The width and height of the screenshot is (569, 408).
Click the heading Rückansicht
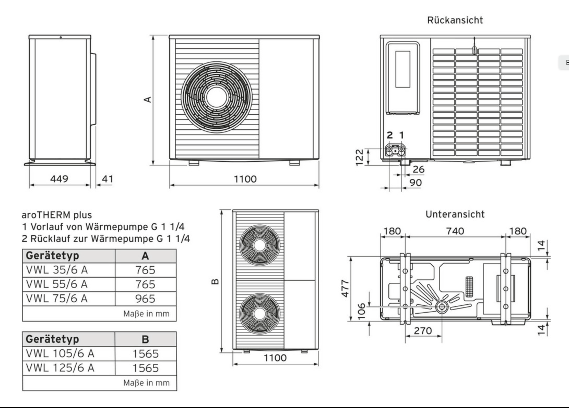(x=455, y=20)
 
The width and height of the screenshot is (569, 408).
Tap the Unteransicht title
(x=455, y=214)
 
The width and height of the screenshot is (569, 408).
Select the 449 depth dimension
(x=59, y=179)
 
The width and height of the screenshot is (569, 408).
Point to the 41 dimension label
(x=108, y=179)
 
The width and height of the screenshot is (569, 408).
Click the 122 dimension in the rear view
(x=359, y=157)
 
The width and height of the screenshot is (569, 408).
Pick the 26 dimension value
(x=419, y=169)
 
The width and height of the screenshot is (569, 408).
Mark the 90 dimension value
(x=416, y=183)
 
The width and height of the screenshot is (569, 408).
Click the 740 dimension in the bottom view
(x=455, y=231)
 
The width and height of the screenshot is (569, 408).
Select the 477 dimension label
(x=345, y=288)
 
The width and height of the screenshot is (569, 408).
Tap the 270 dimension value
(x=423, y=331)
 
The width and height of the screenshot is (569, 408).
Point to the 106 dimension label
(x=361, y=311)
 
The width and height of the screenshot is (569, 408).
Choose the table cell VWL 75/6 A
(x=57, y=299)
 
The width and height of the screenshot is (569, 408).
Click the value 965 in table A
(x=145, y=299)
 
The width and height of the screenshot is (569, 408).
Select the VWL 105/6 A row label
(x=60, y=353)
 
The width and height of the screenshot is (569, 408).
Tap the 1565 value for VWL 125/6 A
(x=145, y=368)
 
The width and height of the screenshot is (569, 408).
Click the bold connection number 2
(x=389, y=135)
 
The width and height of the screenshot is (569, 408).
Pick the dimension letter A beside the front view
(x=148, y=100)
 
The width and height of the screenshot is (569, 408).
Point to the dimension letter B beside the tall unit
(x=215, y=281)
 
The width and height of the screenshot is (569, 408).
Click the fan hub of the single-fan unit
(x=216, y=97)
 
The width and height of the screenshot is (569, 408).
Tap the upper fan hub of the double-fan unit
(x=259, y=245)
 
